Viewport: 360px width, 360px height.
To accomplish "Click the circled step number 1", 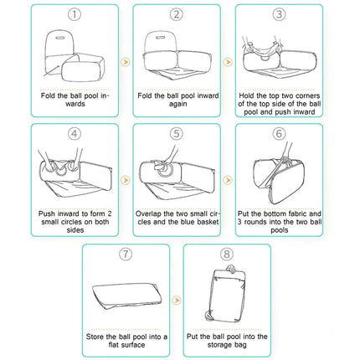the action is [75, 14].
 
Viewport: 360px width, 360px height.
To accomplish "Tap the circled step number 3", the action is [279, 14].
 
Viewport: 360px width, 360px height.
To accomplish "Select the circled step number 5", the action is [177, 134].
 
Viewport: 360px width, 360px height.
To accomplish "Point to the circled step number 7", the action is [126, 254].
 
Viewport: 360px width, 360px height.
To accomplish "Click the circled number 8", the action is [227, 254].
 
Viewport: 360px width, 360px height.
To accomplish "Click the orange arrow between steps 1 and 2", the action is [126, 62].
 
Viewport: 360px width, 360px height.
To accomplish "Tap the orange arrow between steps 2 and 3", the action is [228, 62].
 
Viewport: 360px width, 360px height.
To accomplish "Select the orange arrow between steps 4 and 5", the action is [126, 180].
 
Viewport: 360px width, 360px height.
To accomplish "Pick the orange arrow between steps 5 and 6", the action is [228, 180].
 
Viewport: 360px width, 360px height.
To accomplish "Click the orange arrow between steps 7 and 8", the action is [177, 301].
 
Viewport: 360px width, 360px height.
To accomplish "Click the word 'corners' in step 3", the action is [307, 95].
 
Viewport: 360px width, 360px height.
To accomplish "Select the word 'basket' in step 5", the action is [208, 222].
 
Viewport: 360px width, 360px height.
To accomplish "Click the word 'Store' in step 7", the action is [95, 337].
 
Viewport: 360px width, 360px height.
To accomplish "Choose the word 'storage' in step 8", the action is [219, 345].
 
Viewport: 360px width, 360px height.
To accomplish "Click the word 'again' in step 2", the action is [177, 104].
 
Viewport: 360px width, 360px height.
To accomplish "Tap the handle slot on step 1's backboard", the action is [59, 38].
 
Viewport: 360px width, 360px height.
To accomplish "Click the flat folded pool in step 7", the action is [127, 296].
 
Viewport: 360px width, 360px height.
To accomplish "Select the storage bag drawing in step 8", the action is [228, 293].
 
